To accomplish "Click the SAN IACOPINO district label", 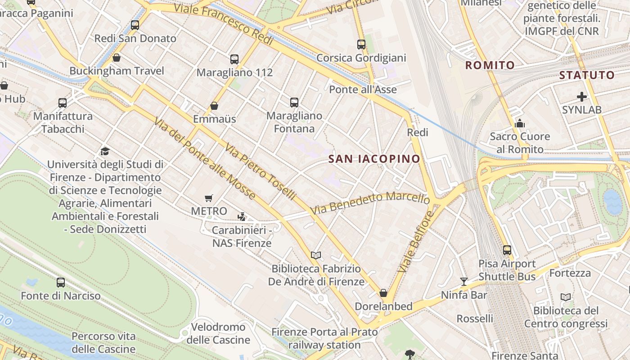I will [374, 159].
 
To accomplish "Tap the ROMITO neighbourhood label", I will [490, 65].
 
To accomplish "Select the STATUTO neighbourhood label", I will [587, 75].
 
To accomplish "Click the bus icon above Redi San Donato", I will [135, 25].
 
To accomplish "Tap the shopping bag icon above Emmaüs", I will [214, 106].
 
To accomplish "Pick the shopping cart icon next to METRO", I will [208, 198].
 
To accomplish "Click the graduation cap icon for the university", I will [105, 151].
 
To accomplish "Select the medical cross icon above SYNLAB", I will [581, 96].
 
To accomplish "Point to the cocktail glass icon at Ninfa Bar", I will [463, 282].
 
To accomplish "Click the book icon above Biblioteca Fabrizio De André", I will [316, 255].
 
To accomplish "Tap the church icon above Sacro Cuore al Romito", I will [520, 123].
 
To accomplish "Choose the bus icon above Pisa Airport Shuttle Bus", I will [507, 250].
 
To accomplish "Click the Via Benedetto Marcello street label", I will [370, 203].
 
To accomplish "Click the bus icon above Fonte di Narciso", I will [61, 283].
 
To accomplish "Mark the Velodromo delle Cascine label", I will [218, 333].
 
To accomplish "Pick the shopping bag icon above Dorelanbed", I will [383, 293].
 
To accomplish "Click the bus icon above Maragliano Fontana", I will [294, 103].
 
